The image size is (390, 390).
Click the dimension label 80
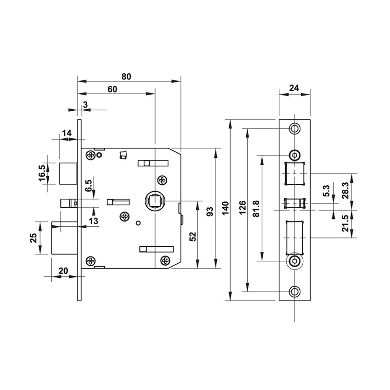pos(126,76)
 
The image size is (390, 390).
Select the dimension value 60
pos(113,89)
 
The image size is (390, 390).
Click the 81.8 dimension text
pos(257,209)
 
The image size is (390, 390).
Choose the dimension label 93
pos(210,211)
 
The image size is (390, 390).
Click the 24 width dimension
pos(294,88)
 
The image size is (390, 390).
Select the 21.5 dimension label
pos(346,223)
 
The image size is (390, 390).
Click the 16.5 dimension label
pos(42,173)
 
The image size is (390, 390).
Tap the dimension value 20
pos(63,272)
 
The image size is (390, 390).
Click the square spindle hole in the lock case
pos(155,200)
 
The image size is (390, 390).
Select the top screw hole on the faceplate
pos(294,128)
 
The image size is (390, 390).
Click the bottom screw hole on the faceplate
pos(294,292)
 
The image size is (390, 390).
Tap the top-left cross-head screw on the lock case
pos(91,156)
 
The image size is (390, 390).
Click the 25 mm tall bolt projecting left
pos(64,238)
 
